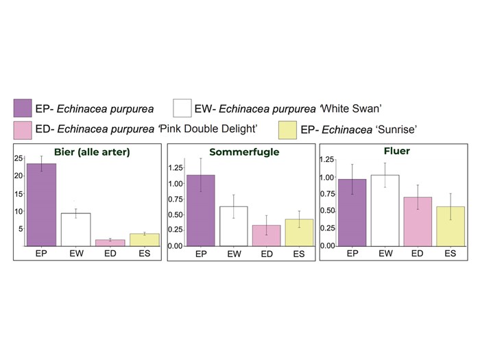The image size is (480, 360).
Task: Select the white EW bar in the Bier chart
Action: [75, 230]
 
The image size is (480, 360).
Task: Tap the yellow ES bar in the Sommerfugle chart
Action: [299, 232]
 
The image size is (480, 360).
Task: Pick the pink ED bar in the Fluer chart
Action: [418, 221]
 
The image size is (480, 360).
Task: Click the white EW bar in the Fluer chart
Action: [384, 211]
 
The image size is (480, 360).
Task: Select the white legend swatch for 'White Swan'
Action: [182, 108]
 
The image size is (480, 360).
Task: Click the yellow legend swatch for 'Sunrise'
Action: [287, 130]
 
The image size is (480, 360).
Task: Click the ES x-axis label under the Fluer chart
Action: [451, 253]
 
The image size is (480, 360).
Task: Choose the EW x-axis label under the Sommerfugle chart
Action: [233, 254]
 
